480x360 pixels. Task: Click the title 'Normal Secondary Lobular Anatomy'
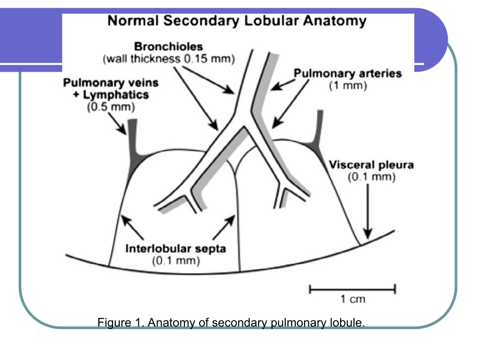[237, 21]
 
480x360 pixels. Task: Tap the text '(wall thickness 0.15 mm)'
[169, 59]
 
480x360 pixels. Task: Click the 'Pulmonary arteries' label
[348, 74]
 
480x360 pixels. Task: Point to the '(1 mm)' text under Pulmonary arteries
[348, 86]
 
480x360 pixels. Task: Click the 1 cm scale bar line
[352, 289]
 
